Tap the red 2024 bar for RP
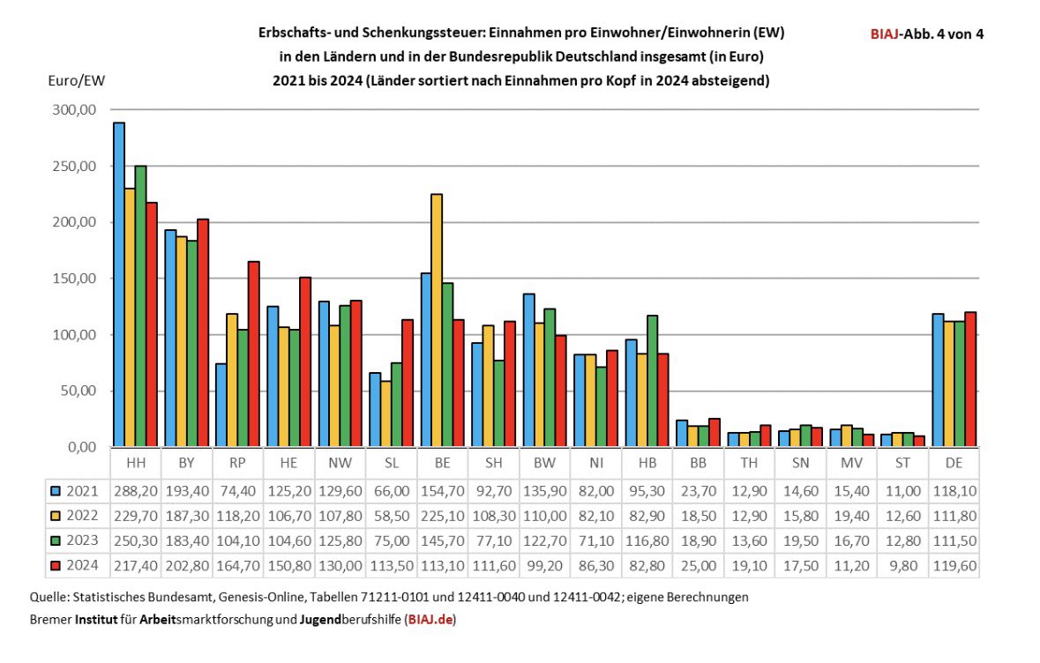253,354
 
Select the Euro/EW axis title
75,80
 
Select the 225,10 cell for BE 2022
442,516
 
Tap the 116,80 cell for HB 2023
647,540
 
